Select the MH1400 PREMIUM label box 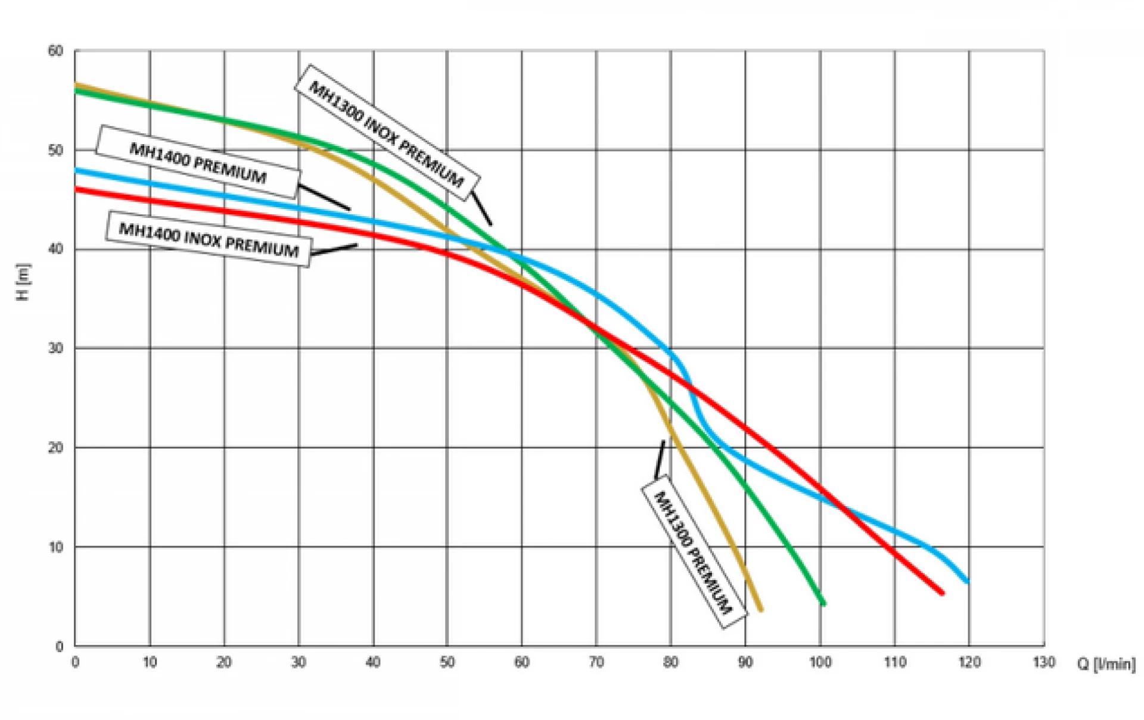tap(198, 162)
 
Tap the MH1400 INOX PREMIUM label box tap(209, 239)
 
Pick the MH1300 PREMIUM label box tap(694, 552)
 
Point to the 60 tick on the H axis tap(55, 51)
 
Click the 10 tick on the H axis tap(55, 547)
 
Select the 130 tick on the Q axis tap(1044, 662)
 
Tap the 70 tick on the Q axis tap(596, 662)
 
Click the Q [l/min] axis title tap(1106, 663)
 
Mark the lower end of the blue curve tap(967, 581)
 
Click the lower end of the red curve tap(943, 593)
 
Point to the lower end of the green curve tap(824, 604)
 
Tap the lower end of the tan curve tap(761, 609)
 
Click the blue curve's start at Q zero tap(76, 171)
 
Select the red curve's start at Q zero tap(76, 190)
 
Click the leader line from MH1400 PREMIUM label tap(324, 197)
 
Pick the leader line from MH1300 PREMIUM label tap(660, 459)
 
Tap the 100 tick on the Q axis tap(820, 662)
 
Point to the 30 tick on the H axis tap(55, 348)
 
